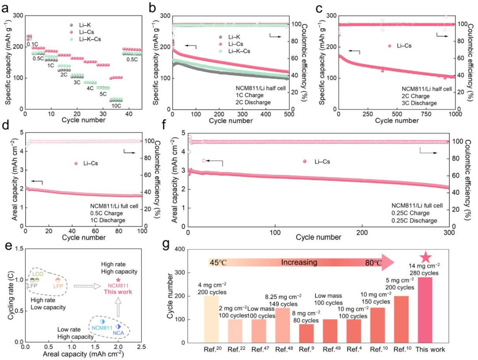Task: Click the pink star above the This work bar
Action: [x=425, y=257]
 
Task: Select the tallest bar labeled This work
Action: [x=425, y=310]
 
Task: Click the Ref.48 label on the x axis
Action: [x=282, y=350]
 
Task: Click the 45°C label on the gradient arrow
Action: [x=217, y=263]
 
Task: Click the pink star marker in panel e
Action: [x=118, y=280]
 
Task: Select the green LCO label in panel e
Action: [x=37, y=274]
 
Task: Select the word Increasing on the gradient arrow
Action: [x=299, y=263]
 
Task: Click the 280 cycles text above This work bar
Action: [x=425, y=273]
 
